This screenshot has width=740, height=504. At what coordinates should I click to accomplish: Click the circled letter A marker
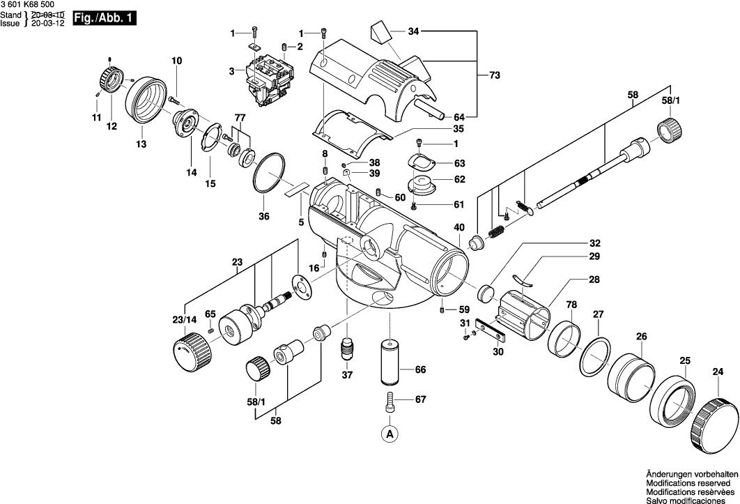pyautogui.click(x=390, y=433)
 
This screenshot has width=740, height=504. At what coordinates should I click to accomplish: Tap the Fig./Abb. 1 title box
pyautogui.click(x=105, y=18)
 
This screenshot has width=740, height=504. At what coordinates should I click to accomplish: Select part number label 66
pyautogui.click(x=420, y=370)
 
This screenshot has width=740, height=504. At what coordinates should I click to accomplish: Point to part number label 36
pyautogui.click(x=264, y=216)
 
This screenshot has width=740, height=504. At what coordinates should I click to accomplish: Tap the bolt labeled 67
pyautogui.click(x=390, y=400)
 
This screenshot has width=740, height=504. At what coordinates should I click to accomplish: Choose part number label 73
pyautogui.click(x=495, y=75)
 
